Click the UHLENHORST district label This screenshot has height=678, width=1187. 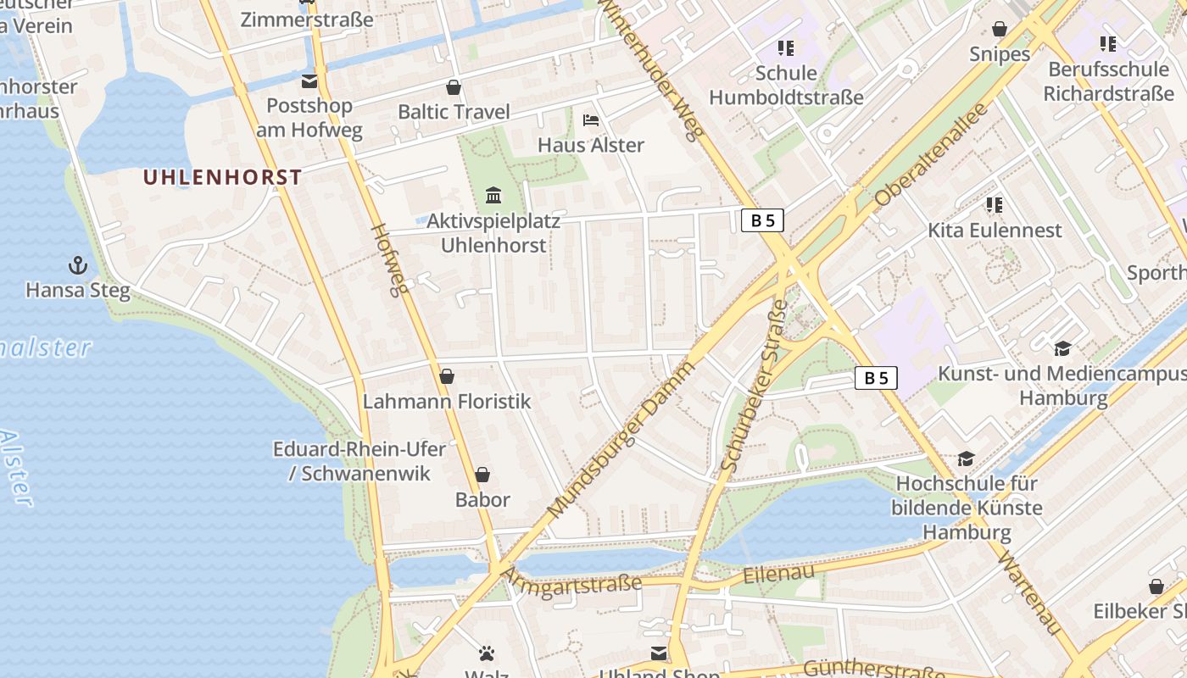coord(222,177)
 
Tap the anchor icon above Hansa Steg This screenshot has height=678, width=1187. coord(78,265)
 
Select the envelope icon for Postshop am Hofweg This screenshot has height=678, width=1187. coord(309,81)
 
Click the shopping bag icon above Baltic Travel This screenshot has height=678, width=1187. coord(454,87)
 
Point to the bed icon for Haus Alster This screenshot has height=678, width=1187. coord(591,120)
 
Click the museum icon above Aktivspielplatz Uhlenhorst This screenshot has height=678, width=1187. coord(493,197)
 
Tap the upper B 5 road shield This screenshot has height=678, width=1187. coord(762,220)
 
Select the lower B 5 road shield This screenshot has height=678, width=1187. coord(875,378)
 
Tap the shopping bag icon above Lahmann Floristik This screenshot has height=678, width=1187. coord(447,376)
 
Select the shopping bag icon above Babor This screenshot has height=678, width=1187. coord(482,475)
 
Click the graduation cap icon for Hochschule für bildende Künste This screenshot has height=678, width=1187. coord(966,459)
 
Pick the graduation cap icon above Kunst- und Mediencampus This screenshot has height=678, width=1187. coord(1062,348)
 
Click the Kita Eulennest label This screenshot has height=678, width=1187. coord(994,230)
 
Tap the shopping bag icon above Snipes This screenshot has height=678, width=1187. coord(1000,30)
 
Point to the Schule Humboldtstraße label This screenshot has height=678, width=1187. coord(786,85)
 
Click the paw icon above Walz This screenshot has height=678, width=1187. coord(487,653)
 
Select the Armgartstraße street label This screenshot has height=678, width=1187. coord(572,584)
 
